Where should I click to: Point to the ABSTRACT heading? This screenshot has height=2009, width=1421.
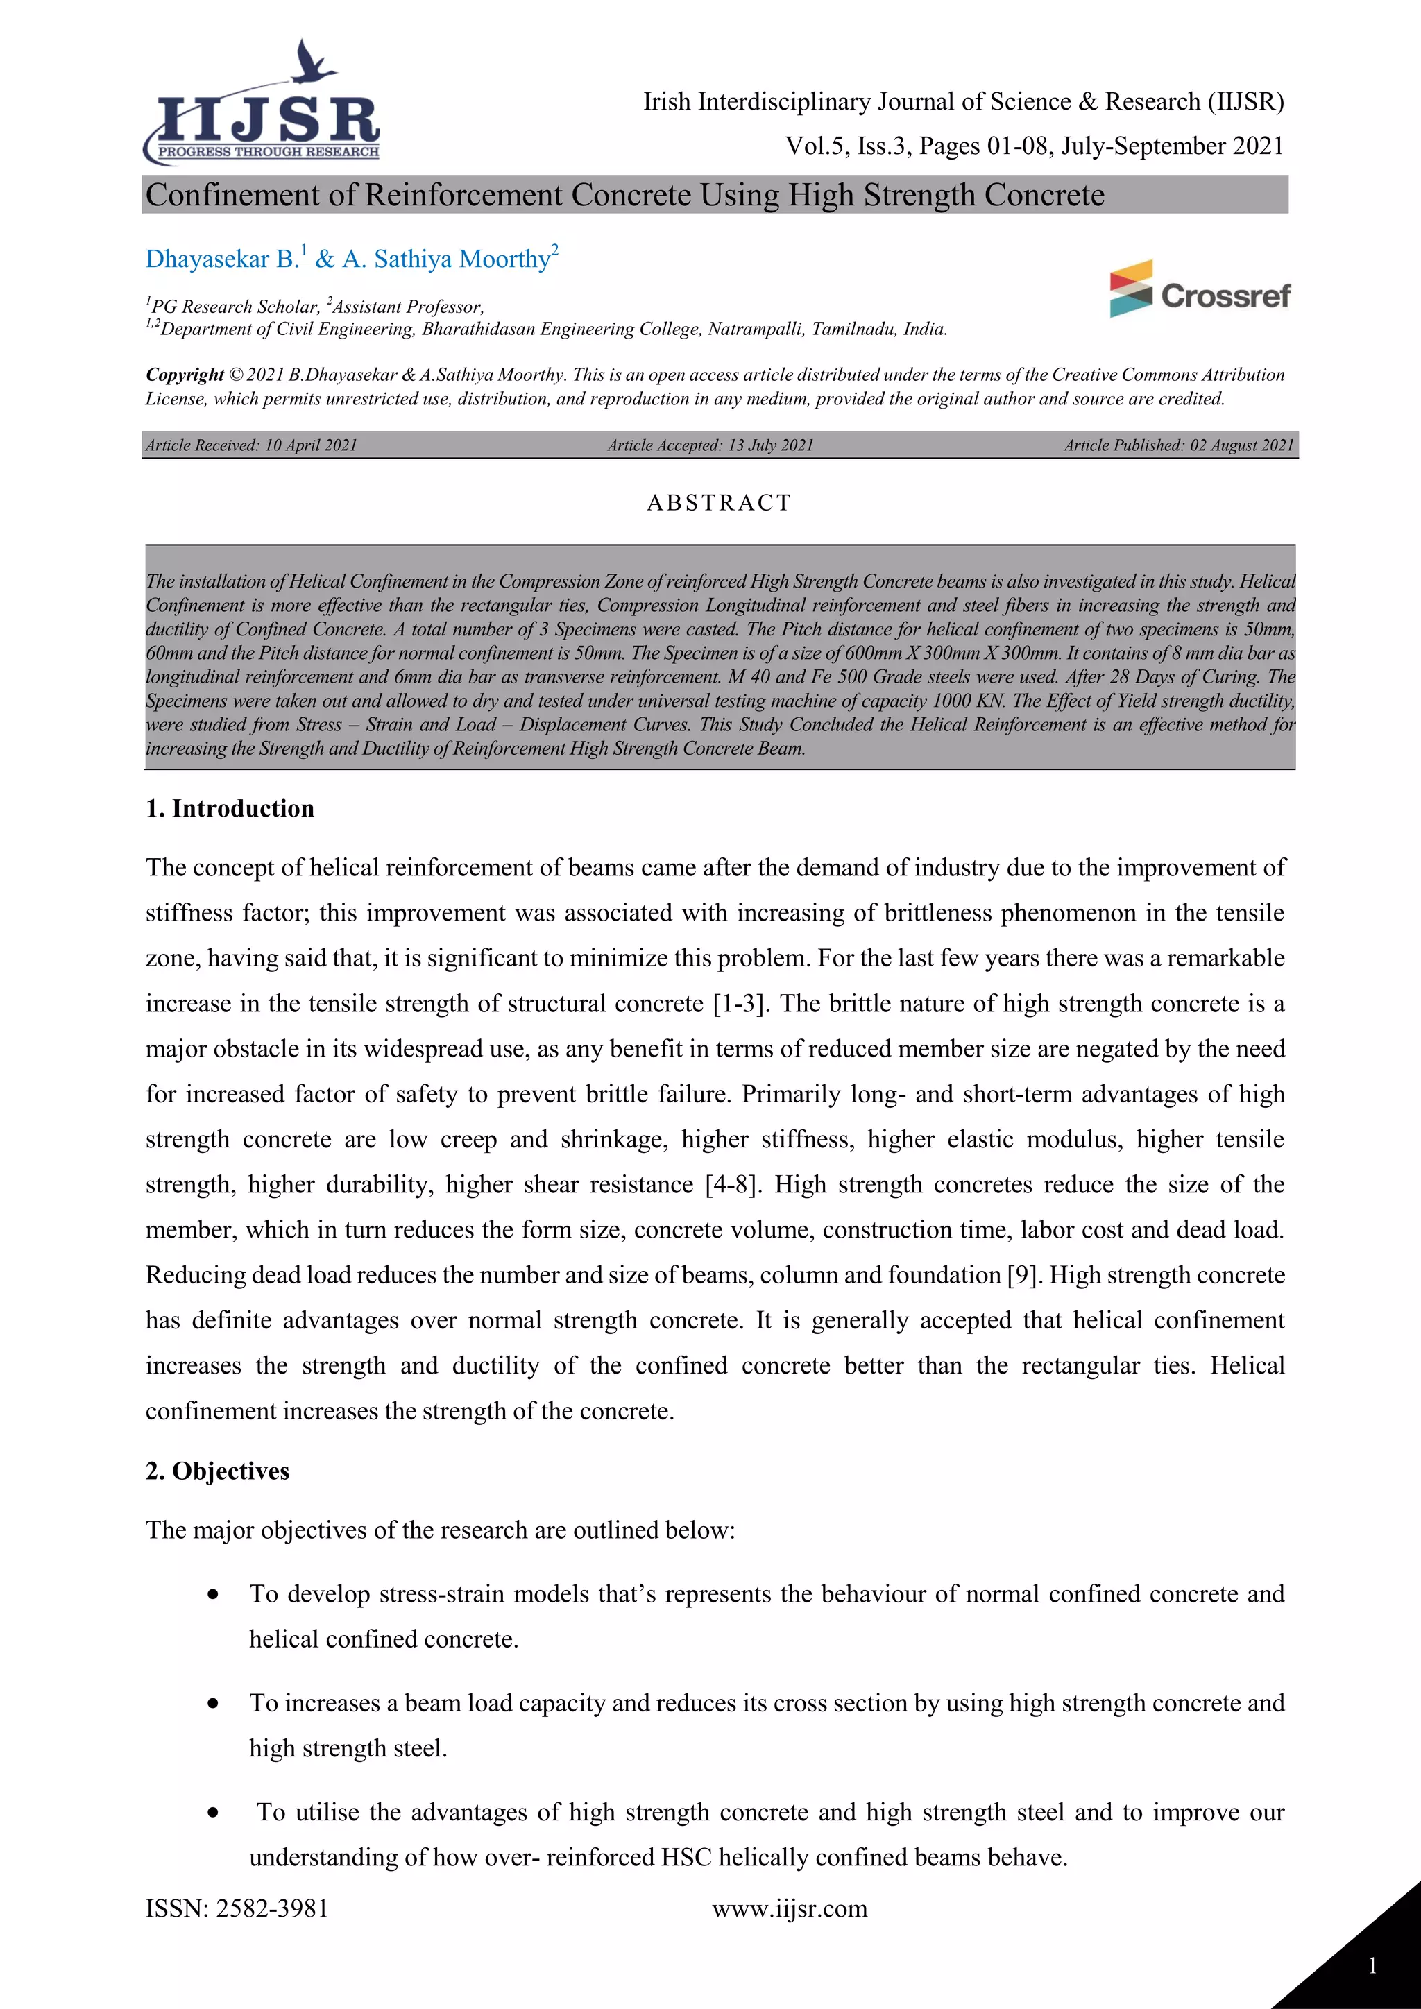pos(720,503)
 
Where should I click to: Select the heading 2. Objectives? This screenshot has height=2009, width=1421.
pos(218,1471)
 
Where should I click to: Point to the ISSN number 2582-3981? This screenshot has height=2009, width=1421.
pos(272,1908)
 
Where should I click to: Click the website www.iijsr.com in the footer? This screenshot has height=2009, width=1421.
pos(789,1908)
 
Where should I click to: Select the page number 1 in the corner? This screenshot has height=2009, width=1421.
pos(1372,1966)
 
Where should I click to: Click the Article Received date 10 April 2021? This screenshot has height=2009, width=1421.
pos(311,445)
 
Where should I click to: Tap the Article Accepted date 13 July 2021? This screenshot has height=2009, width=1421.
pos(770,445)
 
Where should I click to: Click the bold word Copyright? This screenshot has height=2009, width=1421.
pos(185,375)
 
